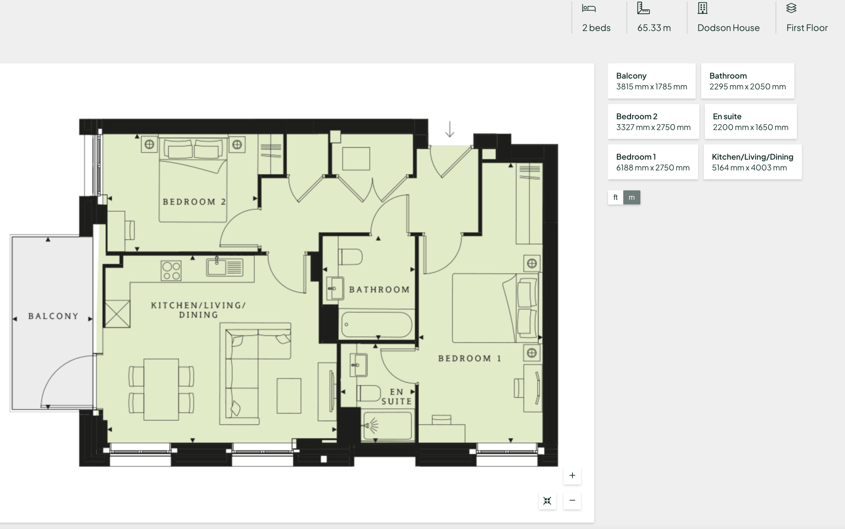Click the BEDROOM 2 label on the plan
(194, 202)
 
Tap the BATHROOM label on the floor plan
(380, 290)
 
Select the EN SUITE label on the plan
(397, 396)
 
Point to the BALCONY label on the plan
(53, 316)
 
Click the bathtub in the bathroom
(376, 324)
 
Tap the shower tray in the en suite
(388, 425)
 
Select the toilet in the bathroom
(350, 257)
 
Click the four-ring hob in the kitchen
(171, 271)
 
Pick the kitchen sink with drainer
(225, 267)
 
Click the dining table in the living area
(161, 389)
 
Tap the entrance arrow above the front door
(450, 129)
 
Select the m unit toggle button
(632, 197)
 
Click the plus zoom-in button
(572, 476)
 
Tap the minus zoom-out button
(572, 500)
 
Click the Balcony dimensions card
(652, 81)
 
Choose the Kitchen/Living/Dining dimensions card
(753, 162)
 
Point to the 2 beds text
(596, 28)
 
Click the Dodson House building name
(728, 28)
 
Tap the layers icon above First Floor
(791, 8)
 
